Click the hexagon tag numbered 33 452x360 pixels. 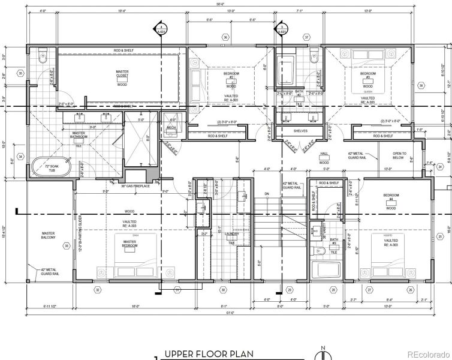click(67, 245)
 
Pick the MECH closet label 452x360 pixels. click(171, 127)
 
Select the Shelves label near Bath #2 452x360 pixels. click(300, 130)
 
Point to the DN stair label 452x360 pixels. click(267, 193)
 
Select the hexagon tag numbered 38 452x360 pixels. click(438, 86)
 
